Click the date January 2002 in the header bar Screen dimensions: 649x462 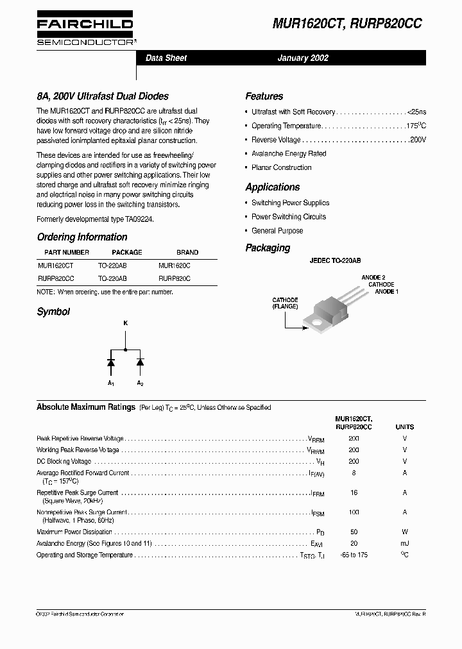click(302, 58)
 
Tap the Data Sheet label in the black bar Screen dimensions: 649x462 click(166, 58)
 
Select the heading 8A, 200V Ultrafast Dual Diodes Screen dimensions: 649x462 click(103, 96)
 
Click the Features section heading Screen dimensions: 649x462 click(264, 96)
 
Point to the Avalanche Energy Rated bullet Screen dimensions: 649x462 click(289, 154)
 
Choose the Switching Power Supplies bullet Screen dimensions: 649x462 click(290, 203)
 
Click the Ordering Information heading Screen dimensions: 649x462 click(82, 237)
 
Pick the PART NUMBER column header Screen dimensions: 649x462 click(67, 252)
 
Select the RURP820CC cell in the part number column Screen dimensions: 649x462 click(56, 279)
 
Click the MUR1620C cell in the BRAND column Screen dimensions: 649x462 click(175, 264)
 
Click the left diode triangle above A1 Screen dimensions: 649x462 click(111, 362)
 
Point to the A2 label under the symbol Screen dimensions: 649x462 click(140, 383)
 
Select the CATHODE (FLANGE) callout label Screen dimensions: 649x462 click(285, 303)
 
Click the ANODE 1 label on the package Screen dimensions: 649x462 click(386, 292)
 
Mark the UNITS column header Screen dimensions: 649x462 click(404, 426)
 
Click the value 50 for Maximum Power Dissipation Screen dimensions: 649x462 click(354, 532)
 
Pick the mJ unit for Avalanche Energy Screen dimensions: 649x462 click(404, 543)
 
